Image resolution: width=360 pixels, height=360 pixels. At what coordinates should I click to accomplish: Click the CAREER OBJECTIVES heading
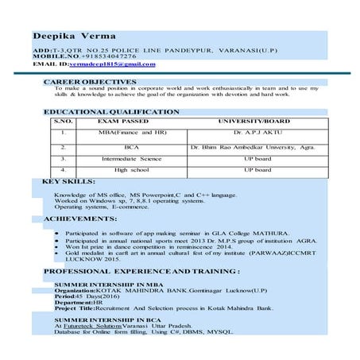pos(90,82)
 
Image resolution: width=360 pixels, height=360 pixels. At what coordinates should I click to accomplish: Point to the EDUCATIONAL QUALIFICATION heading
pos(111,112)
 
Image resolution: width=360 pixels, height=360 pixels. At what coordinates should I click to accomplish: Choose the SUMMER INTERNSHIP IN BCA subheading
pos(99,319)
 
